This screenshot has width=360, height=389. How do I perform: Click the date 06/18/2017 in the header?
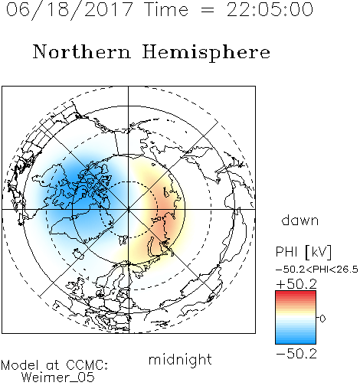pos(70,9)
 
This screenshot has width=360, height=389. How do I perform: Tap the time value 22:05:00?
pos(270,9)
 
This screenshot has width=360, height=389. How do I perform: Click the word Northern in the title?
pos(82,51)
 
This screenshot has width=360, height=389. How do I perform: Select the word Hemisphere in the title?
pos(206,53)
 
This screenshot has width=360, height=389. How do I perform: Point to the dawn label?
pos(300,221)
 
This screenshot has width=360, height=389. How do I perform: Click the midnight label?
pos(180,360)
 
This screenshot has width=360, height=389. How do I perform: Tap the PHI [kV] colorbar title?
pos(303,252)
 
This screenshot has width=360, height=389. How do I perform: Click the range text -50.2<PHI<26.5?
pos(317,270)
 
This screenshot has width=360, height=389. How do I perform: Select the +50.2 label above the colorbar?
pos(296,284)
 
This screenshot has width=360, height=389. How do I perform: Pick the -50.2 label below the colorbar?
pos(296,354)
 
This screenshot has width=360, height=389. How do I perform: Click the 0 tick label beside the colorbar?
pos(322,319)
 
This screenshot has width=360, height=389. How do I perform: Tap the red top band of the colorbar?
pos(296,294)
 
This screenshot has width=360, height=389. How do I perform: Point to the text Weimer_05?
pos(58,378)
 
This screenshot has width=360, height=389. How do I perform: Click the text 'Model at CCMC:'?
pos(54,365)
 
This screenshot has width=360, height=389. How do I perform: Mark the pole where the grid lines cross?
pos(129,209)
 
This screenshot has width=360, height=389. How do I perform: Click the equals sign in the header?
pos(208,10)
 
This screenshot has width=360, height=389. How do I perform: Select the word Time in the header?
pos(166,9)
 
